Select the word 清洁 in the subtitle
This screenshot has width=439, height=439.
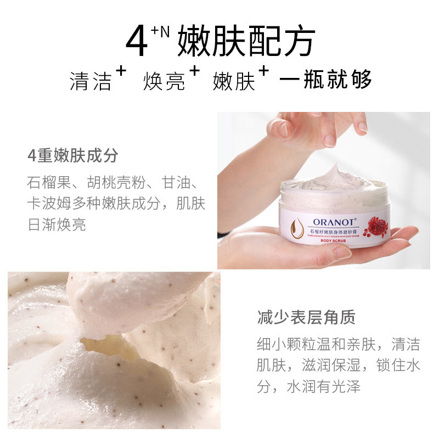(x=91, y=81)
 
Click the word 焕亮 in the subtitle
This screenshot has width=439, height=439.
(x=163, y=81)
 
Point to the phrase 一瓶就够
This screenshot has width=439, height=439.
(x=325, y=80)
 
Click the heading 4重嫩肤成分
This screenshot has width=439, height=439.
(x=73, y=156)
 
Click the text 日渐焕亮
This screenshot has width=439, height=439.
(x=57, y=224)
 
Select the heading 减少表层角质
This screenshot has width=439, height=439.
(x=306, y=317)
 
